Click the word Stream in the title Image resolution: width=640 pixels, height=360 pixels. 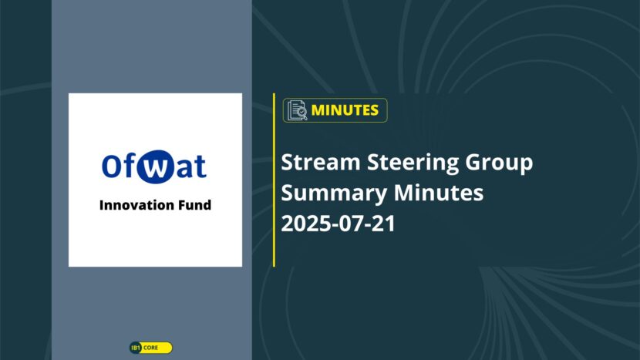click(321, 162)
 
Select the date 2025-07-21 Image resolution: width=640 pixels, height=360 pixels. click(339, 224)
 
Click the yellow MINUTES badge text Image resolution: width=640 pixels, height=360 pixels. click(345, 110)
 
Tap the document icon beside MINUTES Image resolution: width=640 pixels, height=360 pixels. click(297, 110)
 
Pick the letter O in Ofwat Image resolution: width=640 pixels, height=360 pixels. click(112, 166)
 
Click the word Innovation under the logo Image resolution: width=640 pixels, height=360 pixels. click(138, 204)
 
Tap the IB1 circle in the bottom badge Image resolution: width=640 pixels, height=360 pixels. click(136, 348)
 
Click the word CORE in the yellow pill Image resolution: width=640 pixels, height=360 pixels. click(150, 348)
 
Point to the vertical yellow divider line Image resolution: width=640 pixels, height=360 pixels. click(274, 180)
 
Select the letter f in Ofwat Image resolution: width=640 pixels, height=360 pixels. click(129, 165)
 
